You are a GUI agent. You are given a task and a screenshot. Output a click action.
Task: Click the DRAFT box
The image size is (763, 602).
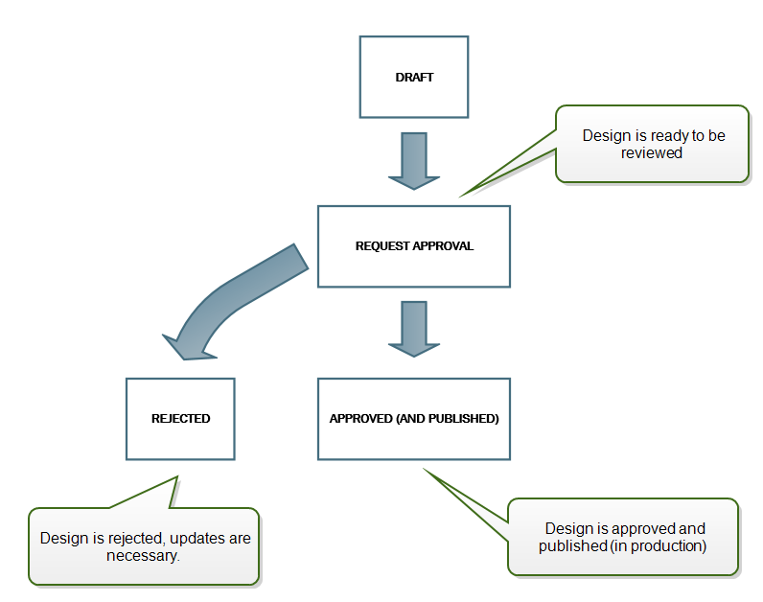tap(414, 78)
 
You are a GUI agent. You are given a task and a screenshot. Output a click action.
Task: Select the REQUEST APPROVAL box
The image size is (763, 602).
tap(414, 246)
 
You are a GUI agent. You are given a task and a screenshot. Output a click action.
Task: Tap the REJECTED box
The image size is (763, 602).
tap(180, 419)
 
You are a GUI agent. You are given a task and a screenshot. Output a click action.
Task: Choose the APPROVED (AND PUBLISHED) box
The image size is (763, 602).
tap(414, 419)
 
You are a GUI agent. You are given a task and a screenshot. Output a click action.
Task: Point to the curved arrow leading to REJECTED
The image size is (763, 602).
tap(230, 302)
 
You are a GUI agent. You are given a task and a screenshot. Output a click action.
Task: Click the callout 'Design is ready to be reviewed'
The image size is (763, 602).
tap(652, 144)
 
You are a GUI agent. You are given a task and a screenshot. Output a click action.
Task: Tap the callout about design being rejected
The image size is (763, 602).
tap(144, 546)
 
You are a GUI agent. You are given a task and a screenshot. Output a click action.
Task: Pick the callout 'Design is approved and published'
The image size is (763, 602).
tap(623, 537)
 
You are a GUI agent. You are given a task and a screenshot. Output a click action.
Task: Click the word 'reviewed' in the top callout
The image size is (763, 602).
tap(652, 152)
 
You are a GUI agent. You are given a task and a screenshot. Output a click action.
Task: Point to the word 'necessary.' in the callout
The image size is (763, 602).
tap(144, 555)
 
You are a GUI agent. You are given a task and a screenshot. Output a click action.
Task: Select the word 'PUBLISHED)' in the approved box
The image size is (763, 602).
tap(468, 419)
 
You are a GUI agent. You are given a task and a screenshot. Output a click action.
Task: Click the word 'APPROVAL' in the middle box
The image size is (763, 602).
tap(443, 246)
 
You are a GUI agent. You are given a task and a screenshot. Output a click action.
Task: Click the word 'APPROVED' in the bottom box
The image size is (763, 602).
tap(358, 419)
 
